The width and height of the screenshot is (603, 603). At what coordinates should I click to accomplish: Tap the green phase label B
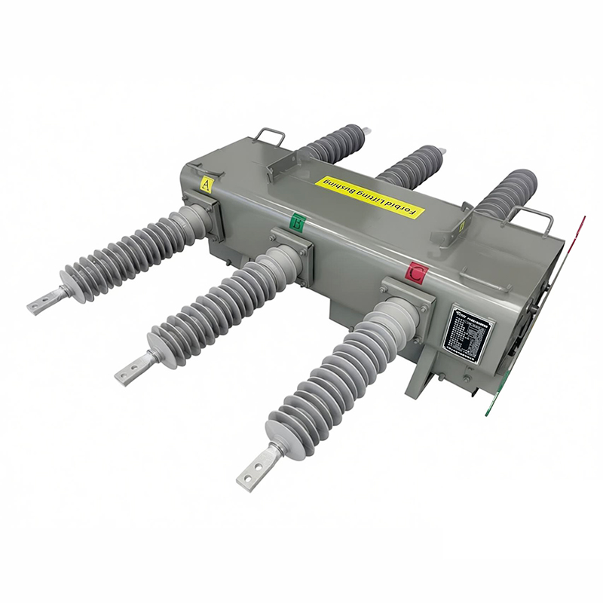pyautogui.click(x=298, y=223)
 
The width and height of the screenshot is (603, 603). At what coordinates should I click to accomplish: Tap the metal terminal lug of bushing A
pyautogui.click(x=47, y=301)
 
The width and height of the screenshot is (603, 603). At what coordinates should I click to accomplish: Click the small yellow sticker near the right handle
pyautogui.click(x=462, y=224)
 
